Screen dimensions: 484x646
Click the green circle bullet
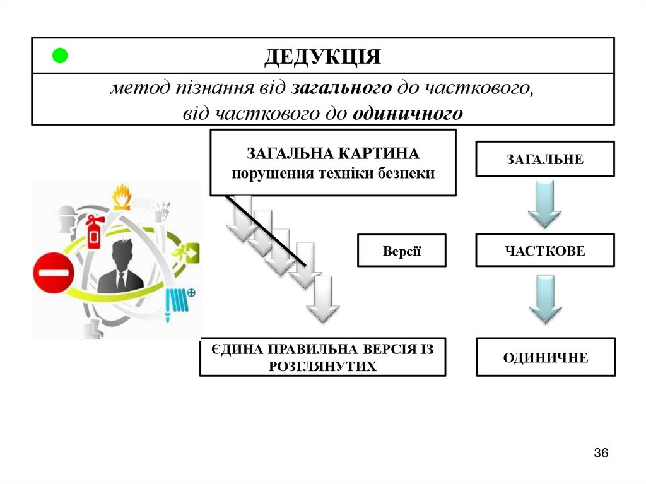[x=59, y=56]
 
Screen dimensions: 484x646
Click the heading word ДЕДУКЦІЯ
[x=322, y=57]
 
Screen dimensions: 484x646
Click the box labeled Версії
[x=401, y=251]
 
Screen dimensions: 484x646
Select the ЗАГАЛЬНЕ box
[x=544, y=159]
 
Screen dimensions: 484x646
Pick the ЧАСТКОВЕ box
[x=544, y=251]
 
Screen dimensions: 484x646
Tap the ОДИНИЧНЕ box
[x=545, y=358]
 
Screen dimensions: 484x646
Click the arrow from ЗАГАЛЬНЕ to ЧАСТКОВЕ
[x=544, y=203]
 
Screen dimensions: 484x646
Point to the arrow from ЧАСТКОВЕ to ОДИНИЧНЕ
[x=544, y=300]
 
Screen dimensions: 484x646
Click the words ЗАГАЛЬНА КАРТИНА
[x=333, y=154]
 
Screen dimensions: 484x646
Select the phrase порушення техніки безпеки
[x=333, y=174]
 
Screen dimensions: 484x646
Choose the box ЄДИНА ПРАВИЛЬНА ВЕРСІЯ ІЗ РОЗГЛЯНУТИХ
[x=322, y=358]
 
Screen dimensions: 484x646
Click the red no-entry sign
[x=54, y=273]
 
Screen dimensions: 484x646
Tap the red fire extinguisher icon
[x=95, y=232]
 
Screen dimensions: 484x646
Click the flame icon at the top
[x=122, y=196]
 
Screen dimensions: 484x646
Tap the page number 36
[x=601, y=453]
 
